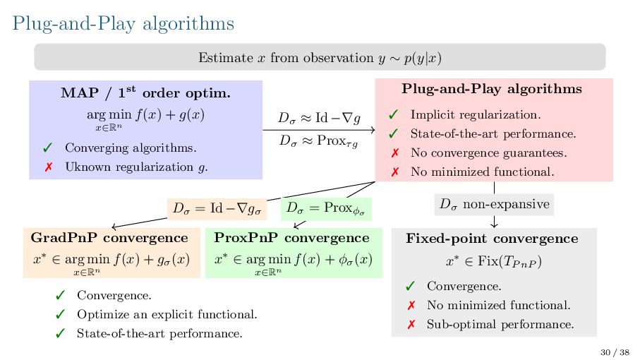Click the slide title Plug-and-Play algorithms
point(123,23)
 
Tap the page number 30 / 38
point(614,352)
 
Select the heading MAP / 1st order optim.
point(145,92)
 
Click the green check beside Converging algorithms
point(47,148)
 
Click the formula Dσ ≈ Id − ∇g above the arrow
point(319,116)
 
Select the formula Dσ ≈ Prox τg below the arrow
point(319,140)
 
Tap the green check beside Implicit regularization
point(394,114)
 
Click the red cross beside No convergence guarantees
point(394,152)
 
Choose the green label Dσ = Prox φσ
point(325,210)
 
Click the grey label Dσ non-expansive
point(494,205)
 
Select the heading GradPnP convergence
point(109,238)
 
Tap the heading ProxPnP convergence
point(291,238)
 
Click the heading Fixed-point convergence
point(492,239)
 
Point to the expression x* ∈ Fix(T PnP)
point(493,262)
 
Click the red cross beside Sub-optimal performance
point(411,325)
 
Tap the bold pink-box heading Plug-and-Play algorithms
point(492,89)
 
